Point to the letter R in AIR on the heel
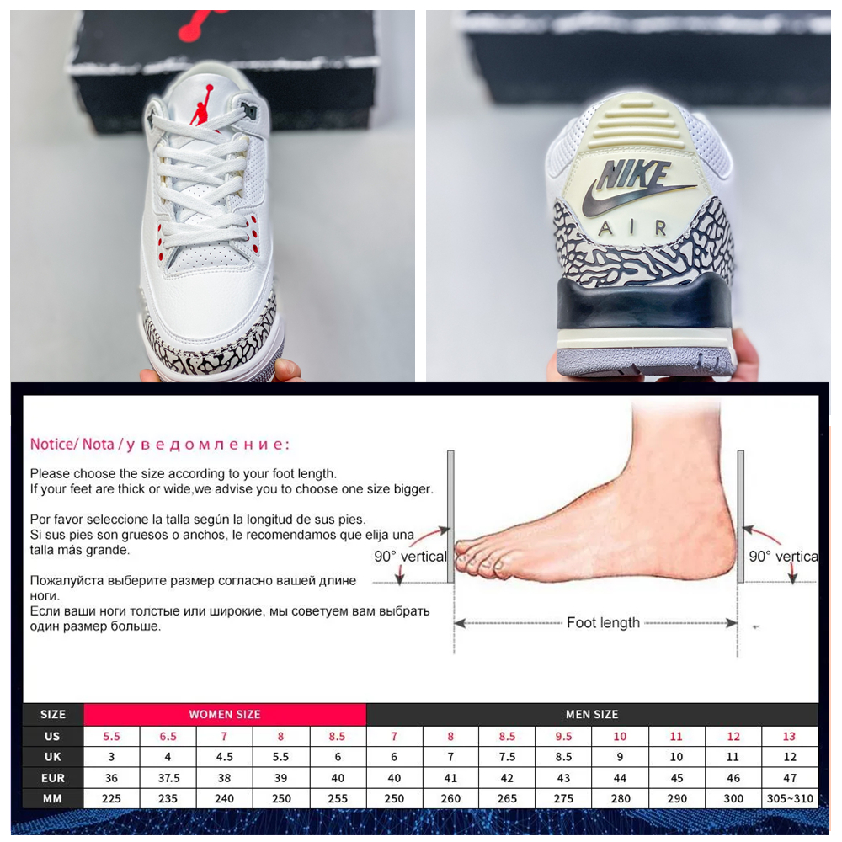click(x=661, y=228)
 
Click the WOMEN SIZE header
click(x=225, y=714)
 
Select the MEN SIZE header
click(x=592, y=714)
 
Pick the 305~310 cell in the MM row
click(x=790, y=798)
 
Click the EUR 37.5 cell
click(x=168, y=777)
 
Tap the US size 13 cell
click(x=790, y=736)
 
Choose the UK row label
click(x=52, y=757)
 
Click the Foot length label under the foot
click(x=603, y=623)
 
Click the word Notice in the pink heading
click(x=51, y=444)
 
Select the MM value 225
click(x=111, y=798)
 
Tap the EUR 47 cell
click(x=790, y=777)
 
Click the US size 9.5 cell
click(x=563, y=736)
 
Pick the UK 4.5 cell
click(x=225, y=757)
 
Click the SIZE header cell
click(x=52, y=714)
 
